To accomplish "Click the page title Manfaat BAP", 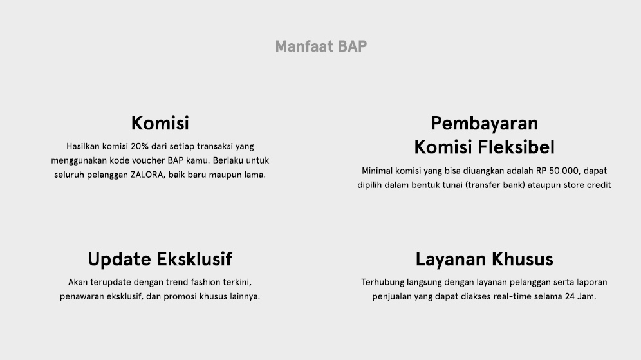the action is coord(321,46).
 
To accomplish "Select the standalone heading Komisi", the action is coord(160,123).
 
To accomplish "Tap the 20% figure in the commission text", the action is coord(140,146).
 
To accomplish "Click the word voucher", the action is coord(149,160).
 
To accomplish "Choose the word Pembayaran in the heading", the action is coord(484,124).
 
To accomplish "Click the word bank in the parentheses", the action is coord(514,185).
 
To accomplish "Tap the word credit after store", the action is coord(599,185).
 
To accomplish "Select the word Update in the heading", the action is coord(119,260).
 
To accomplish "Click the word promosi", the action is coord(180,297).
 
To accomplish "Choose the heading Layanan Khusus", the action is coord(485,260).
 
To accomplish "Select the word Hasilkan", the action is coord(83,146).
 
